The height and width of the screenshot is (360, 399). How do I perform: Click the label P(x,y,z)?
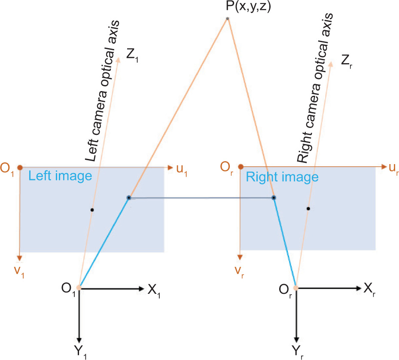(248, 6)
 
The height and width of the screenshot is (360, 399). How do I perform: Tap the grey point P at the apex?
(228, 18)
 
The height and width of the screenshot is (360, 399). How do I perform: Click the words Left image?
(60, 176)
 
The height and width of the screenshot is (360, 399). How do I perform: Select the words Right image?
(282, 177)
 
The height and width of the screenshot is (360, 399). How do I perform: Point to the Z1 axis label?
(132, 55)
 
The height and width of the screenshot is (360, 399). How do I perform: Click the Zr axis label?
(347, 61)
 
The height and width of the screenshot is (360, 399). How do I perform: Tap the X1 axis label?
(154, 291)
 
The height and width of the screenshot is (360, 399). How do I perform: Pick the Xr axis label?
(369, 290)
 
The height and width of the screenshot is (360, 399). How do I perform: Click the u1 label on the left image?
(182, 170)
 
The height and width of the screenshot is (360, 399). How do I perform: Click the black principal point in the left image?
(92, 210)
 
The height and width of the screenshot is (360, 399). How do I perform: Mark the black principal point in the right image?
(308, 208)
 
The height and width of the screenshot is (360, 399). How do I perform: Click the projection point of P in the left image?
(129, 198)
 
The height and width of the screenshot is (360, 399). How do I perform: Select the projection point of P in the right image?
(274, 198)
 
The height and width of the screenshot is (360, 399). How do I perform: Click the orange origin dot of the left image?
(20, 168)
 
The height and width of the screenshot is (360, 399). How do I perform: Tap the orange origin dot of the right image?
(241, 167)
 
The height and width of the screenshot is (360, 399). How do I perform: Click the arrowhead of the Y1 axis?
(79, 340)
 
